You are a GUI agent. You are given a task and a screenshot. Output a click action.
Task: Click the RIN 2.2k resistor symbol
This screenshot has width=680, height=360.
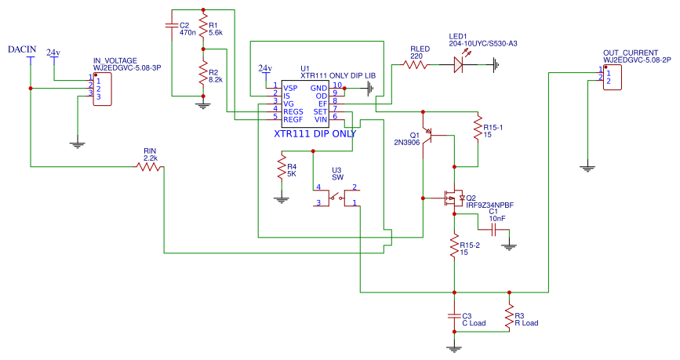(148, 166)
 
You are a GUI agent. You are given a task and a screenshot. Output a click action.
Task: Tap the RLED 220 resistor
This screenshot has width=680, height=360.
(416, 66)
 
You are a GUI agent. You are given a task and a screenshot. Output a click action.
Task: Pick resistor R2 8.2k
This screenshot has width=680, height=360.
(202, 76)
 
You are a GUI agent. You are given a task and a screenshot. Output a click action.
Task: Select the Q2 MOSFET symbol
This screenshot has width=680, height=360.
(453, 198)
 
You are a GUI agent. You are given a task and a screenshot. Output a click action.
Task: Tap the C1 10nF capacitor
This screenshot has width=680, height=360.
(493, 230)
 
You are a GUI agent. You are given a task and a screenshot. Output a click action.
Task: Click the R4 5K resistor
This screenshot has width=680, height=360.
(281, 170)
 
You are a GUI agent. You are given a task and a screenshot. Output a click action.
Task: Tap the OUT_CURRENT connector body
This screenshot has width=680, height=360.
(611, 76)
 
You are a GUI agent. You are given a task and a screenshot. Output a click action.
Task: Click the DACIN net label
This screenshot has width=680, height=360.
(22, 50)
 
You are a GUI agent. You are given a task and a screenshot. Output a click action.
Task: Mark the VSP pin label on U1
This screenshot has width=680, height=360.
(290, 87)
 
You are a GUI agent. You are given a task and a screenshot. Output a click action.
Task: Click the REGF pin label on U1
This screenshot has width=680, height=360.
(293, 120)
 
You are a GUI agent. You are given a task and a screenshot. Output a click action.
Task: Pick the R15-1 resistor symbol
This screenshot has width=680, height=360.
(477, 129)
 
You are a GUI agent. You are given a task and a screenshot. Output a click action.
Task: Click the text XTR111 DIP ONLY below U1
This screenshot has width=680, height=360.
(315, 134)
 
